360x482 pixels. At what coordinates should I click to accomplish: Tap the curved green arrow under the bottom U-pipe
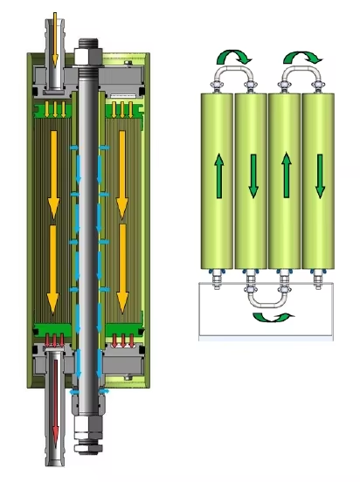(267, 318)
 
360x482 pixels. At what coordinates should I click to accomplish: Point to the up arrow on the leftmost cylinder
(217, 176)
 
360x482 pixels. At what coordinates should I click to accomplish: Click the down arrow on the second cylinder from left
(251, 176)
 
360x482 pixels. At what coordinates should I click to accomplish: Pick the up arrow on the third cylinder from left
(285, 176)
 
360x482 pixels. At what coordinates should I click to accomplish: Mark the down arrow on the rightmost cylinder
(319, 176)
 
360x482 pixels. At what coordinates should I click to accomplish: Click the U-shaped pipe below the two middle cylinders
(267, 297)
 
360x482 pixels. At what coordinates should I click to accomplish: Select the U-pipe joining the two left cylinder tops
(233, 76)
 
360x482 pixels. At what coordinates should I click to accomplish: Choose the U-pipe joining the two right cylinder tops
(301, 76)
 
